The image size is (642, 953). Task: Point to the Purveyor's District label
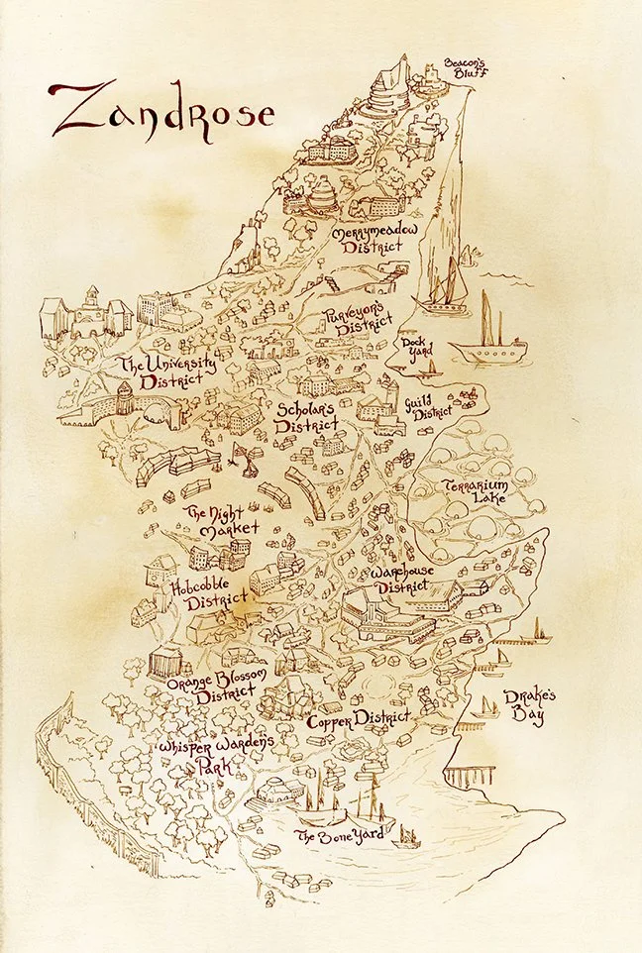point(352,321)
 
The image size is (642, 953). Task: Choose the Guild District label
point(428,407)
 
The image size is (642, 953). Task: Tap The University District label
point(165,373)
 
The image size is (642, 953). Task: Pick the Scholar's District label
point(306,416)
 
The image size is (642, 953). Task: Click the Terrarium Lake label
point(475,491)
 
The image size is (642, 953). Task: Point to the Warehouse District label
point(412,581)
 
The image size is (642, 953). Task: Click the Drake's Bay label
point(524,706)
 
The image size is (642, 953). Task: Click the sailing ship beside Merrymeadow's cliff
point(443,288)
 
